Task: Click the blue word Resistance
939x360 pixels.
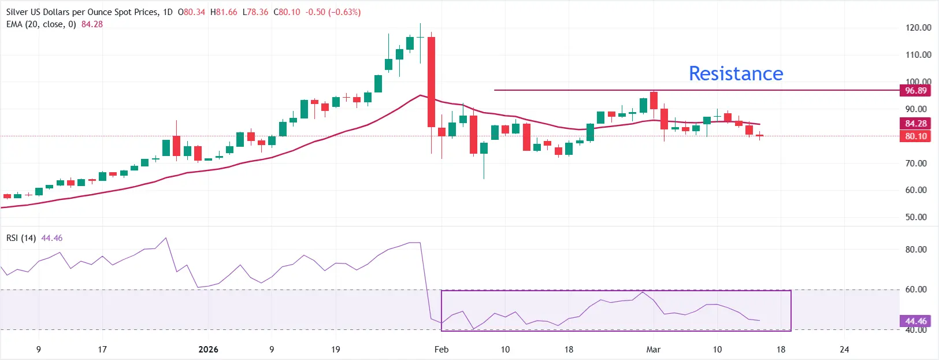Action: click(736, 73)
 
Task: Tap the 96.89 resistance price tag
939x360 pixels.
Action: click(915, 91)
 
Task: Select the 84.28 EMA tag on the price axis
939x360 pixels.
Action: click(915, 124)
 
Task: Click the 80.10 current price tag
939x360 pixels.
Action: click(915, 136)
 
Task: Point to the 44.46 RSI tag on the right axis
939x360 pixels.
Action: click(915, 321)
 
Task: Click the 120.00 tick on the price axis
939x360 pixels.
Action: click(918, 28)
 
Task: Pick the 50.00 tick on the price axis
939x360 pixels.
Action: click(916, 217)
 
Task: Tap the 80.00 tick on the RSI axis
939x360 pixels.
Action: click(916, 250)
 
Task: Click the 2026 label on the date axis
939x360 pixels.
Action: click(208, 350)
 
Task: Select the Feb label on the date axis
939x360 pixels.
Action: click(441, 350)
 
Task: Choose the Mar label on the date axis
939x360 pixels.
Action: click(653, 350)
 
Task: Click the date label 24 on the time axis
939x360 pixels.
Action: click(844, 350)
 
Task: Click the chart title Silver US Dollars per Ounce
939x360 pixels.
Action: click(81, 12)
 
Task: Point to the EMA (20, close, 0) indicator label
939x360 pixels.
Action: click(41, 24)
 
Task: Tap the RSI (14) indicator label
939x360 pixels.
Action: click(21, 238)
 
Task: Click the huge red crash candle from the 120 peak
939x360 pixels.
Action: click(431, 81)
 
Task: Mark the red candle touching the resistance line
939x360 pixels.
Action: click(654, 101)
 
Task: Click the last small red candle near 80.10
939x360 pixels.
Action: click(759, 136)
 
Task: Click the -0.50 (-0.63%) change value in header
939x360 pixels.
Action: click(333, 12)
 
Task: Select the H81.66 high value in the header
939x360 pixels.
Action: click(224, 12)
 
